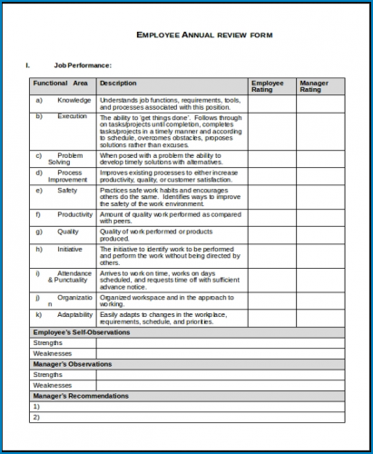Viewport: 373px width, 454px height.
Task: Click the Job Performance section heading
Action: point(83,65)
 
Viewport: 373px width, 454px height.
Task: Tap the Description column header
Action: point(118,83)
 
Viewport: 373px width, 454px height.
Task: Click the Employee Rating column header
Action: point(268,86)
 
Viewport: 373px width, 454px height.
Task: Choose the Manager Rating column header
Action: point(314,86)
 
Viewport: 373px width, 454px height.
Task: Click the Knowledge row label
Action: point(74,99)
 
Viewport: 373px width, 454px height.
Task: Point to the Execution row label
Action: point(73,116)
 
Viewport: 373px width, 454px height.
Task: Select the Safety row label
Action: point(68,191)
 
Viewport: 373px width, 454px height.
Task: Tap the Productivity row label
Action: point(74,214)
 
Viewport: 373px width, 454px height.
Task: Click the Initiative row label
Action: point(70,248)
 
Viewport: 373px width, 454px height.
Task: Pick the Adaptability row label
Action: point(75,314)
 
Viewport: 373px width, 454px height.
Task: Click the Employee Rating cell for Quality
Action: point(271,234)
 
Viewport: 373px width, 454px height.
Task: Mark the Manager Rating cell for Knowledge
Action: point(320,103)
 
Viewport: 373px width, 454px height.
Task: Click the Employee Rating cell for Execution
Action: point(271,131)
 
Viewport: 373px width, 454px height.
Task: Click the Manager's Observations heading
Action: point(73,364)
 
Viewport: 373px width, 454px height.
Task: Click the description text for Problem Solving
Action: point(169,159)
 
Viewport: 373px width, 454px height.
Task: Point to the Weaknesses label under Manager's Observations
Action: point(53,385)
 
